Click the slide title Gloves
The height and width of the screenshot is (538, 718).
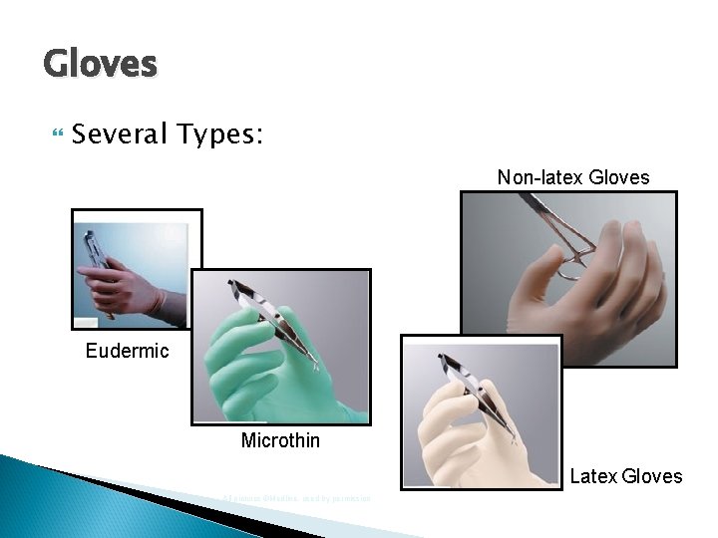[101, 65]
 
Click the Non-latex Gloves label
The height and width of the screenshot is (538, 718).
[573, 178]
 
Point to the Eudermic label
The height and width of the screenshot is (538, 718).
[127, 351]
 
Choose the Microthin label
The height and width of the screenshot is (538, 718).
[280, 440]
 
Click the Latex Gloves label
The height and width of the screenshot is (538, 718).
[626, 476]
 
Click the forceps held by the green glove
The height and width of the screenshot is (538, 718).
[274, 319]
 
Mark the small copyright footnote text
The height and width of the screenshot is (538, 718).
[296, 498]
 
